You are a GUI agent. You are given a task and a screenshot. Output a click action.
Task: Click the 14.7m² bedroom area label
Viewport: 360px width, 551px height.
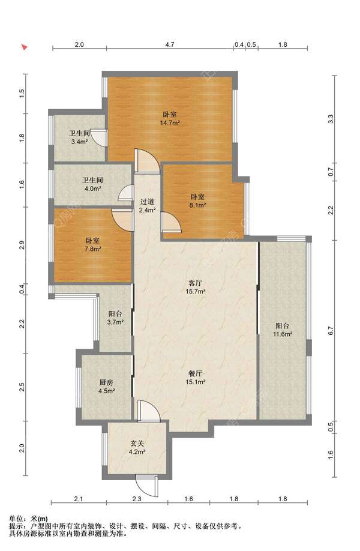(x=170, y=123)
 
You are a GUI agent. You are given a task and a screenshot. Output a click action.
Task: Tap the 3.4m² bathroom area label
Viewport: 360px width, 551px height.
(x=79, y=142)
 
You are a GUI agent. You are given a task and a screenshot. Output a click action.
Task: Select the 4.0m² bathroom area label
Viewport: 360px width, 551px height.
(x=93, y=188)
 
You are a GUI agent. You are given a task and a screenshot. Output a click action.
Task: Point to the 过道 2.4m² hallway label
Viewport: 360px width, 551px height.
(x=148, y=206)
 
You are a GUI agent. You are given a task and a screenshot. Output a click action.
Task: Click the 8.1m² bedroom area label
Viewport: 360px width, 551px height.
(x=197, y=205)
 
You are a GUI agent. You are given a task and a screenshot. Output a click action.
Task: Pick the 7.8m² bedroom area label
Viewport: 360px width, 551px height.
(x=93, y=249)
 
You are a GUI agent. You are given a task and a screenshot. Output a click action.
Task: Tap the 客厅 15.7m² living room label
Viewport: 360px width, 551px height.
(x=195, y=287)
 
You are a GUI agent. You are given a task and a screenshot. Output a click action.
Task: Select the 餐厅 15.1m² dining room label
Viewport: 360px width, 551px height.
(x=195, y=378)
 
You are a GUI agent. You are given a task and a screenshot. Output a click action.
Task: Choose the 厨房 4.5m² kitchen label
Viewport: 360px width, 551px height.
(x=106, y=386)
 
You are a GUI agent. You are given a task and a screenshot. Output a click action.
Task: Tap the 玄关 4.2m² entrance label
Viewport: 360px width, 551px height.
(x=137, y=448)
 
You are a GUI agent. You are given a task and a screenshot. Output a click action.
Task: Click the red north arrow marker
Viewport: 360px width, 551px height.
(x=24, y=47)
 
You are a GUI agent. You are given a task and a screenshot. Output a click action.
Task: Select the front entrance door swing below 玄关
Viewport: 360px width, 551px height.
(x=147, y=485)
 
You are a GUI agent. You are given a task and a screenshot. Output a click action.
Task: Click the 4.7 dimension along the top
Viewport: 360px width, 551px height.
(x=170, y=44)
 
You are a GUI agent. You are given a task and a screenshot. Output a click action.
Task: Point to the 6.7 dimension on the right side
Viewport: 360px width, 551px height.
(x=330, y=331)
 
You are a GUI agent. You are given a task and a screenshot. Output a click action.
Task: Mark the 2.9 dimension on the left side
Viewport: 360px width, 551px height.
(x=22, y=244)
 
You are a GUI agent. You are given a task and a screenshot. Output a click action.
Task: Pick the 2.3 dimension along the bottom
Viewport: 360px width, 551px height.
(x=137, y=499)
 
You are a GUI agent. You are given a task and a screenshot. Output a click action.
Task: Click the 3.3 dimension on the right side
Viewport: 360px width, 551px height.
(x=331, y=119)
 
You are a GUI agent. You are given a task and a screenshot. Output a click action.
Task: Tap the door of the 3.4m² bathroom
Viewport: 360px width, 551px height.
(x=101, y=138)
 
